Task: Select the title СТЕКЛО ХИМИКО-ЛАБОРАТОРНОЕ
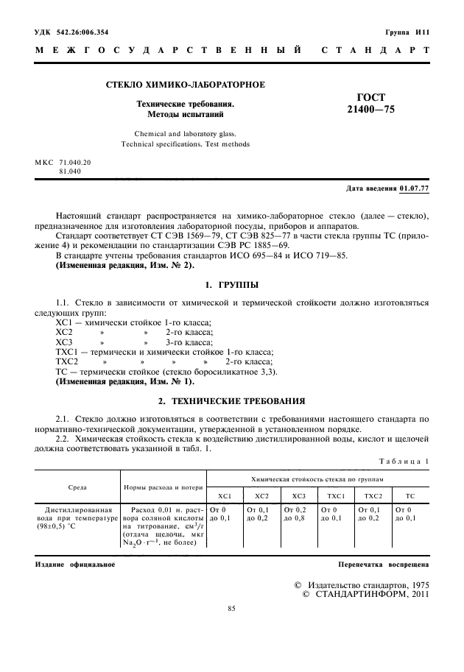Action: (186, 85)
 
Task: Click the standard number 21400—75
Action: (370, 110)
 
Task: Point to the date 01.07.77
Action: (415, 188)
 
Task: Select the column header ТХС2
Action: (373, 496)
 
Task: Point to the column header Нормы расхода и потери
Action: (162, 487)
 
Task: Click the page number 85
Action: (232, 608)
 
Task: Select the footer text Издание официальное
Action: (75, 564)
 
